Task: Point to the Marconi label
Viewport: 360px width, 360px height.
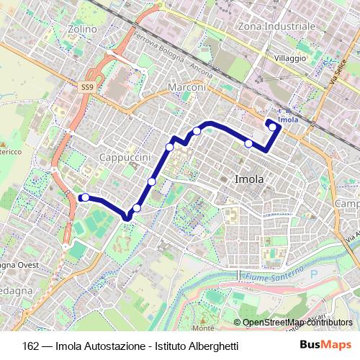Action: click(x=186, y=88)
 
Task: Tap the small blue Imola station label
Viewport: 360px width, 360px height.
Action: click(x=287, y=119)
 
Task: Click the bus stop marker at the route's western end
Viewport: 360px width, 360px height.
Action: click(x=85, y=197)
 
